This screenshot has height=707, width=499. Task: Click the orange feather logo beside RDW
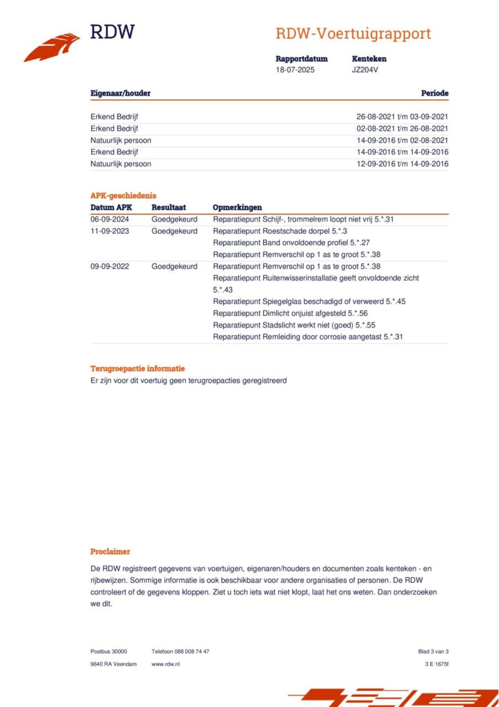[52, 47]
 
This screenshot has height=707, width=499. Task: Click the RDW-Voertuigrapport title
[353, 34]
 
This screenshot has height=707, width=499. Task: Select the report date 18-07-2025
[295, 70]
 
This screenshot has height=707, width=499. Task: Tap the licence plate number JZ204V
[365, 70]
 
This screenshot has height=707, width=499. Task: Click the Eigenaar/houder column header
[120, 93]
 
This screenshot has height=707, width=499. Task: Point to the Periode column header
[434, 93]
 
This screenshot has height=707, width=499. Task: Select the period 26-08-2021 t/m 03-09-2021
[402, 117]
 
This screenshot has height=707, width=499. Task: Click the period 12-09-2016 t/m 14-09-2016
[402, 164]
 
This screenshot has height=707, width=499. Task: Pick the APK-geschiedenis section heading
[123, 195]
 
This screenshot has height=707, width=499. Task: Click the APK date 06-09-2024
[110, 219]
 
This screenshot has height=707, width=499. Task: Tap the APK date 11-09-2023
[110, 231]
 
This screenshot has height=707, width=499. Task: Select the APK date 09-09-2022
[110, 266]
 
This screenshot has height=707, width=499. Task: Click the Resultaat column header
[168, 208]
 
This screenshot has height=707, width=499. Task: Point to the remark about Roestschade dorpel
[280, 231]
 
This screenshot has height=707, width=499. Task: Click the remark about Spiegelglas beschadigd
[309, 302]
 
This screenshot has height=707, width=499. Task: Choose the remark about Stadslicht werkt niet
[294, 325]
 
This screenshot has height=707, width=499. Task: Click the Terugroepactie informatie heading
[137, 368]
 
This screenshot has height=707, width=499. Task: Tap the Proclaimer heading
[110, 552]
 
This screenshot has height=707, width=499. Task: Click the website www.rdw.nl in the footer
[165, 664]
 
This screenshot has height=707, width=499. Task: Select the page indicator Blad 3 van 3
[433, 652]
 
